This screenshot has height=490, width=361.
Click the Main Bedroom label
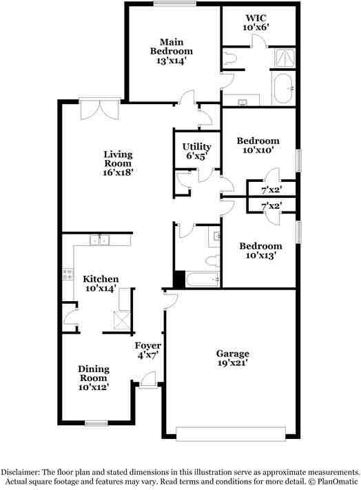172,51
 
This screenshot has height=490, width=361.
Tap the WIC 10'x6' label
256,22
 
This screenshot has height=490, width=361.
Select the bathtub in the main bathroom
283,89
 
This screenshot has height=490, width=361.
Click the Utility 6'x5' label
196,151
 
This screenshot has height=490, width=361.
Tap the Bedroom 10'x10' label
258,145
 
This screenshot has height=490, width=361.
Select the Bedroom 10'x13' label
260,250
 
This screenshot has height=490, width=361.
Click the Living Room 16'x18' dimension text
118,173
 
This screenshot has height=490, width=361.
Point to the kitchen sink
101,240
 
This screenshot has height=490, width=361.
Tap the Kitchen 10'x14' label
101,284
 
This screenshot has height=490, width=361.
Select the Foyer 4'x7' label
147,350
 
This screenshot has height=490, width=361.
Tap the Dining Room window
95,422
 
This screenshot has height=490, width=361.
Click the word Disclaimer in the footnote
24,466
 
